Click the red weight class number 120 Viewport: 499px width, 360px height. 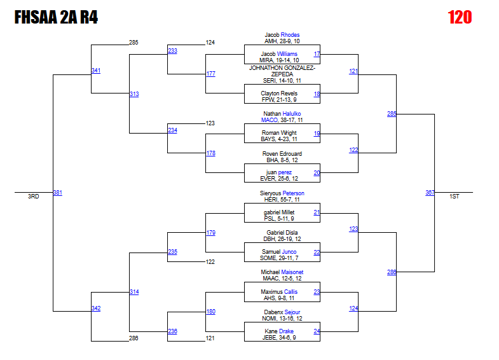point(460,17)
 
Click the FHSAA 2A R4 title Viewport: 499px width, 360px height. point(56,17)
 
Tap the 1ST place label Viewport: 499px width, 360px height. point(454,197)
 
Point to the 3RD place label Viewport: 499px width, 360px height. point(33,197)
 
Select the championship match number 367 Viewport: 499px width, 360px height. point(430,193)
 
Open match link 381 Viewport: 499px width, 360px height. point(57,193)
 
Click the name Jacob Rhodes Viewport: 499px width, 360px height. point(282,35)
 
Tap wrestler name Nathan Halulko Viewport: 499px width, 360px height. point(282,114)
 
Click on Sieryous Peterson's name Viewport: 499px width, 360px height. point(282,193)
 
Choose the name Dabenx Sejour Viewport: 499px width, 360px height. point(282,312)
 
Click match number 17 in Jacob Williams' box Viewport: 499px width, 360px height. point(317,54)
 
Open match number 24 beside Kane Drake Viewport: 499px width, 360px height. point(317,331)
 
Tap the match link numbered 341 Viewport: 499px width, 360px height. point(95,71)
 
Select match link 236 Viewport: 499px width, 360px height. point(172,331)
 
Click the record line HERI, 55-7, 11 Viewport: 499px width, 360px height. point(282,200)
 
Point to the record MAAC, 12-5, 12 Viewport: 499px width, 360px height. point(282,279)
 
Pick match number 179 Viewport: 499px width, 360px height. point(210,233)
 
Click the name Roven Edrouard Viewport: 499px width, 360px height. point(282,154)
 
